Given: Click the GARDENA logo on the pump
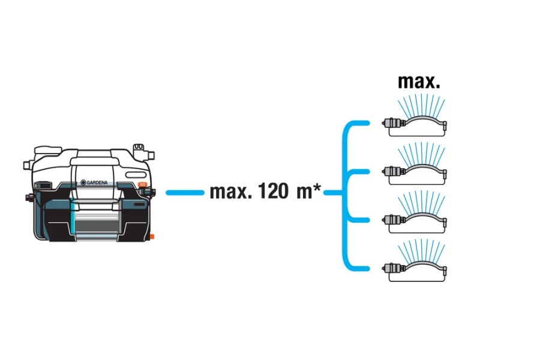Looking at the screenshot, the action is click(x=94, y=182).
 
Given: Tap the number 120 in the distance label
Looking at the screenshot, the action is click(x=273, y=191).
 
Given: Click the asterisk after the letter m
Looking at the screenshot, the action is click(x=316, y=187).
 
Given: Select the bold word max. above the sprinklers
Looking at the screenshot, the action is click(x=419, y=82).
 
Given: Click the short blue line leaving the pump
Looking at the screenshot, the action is click(x=185, y=193).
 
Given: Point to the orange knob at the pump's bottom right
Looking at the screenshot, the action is click(x=152, y=236).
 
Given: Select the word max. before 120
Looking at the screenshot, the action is click(x=231, y=192).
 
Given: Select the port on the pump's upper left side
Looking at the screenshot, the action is click(x=27, y=165).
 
